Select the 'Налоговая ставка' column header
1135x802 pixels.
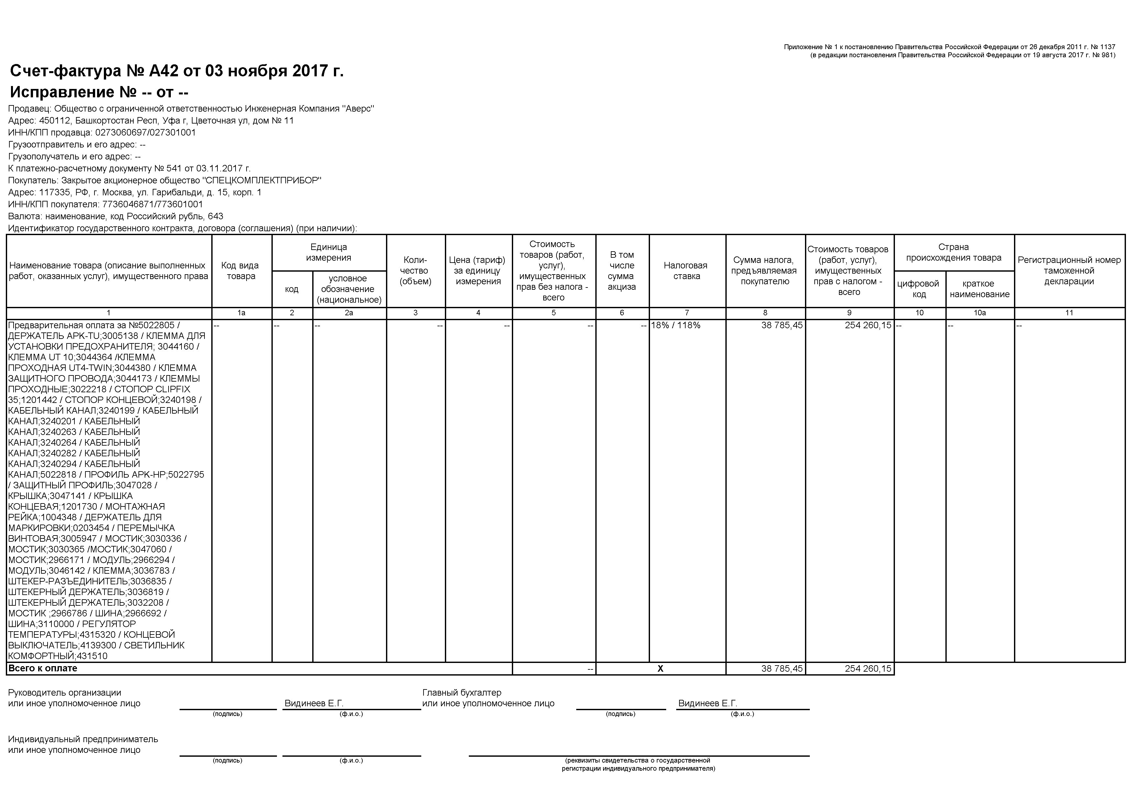coord(687,271)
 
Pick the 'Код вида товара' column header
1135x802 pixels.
coord(241,271)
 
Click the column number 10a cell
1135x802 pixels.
coord(979,313)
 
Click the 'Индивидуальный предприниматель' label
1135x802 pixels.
coord(83,739)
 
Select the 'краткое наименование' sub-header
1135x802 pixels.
coord(979,289)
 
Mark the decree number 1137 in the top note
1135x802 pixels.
coord(1107,47)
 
